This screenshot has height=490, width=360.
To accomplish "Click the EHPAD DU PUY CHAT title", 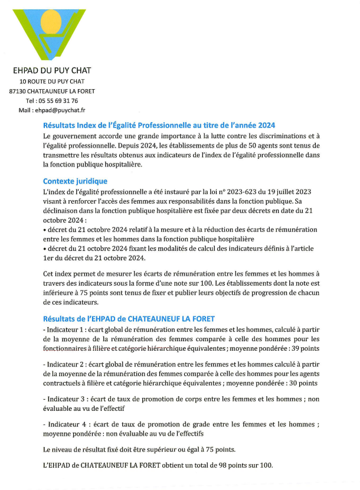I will [x=52, y=71].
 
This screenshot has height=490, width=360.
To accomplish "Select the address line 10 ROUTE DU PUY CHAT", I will [x=52, y=81].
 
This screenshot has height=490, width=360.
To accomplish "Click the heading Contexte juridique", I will [x=75, y=181].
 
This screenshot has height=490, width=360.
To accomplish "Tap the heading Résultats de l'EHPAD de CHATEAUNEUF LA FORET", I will [x=129, y=319].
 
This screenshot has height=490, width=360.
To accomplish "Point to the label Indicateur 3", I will [x=68, y=398].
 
